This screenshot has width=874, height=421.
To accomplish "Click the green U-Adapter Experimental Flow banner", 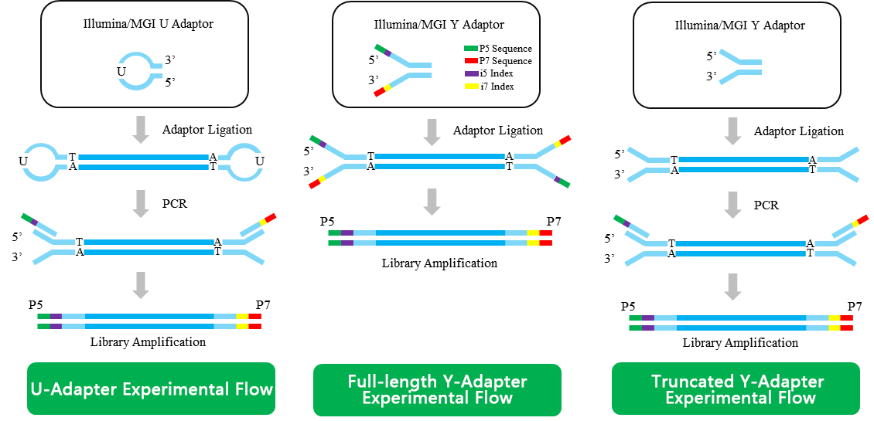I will (x=152, y=389).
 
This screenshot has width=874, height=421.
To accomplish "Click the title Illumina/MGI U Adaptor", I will (x=148, y=24).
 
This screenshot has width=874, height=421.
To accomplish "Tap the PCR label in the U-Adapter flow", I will (x=175, y=204).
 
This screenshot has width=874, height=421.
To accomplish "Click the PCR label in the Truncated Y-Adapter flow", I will (x=766, y=205).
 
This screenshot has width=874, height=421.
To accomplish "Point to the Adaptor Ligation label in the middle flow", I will (x=498, y=131).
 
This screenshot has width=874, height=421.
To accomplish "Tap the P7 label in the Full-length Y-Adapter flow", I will (x=554, y=222).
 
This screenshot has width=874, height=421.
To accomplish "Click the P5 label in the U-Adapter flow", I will (x=36, y=305).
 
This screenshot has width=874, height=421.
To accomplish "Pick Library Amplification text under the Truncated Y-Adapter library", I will (x=740, y=342).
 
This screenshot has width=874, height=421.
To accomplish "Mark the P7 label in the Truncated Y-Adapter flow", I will (x=855, y=307).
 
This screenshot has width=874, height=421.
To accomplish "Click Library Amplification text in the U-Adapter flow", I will (x=148, y=341).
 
